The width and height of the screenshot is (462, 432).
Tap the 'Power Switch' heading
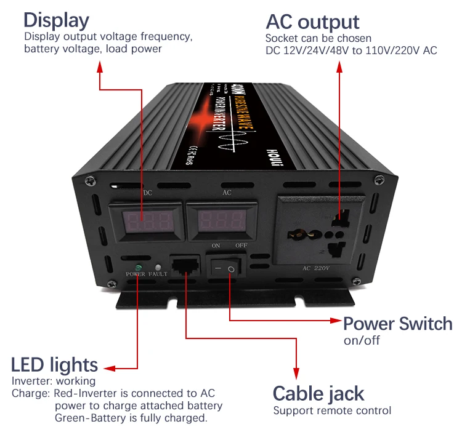(397, 324)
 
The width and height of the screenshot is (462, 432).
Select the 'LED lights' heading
(54, 364)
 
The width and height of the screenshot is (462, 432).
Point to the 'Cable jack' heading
(318, 393)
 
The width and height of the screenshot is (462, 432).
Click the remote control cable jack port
(186, 267)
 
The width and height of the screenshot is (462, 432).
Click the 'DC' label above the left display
(148, 193)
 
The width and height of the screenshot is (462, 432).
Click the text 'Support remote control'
(332, 410)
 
